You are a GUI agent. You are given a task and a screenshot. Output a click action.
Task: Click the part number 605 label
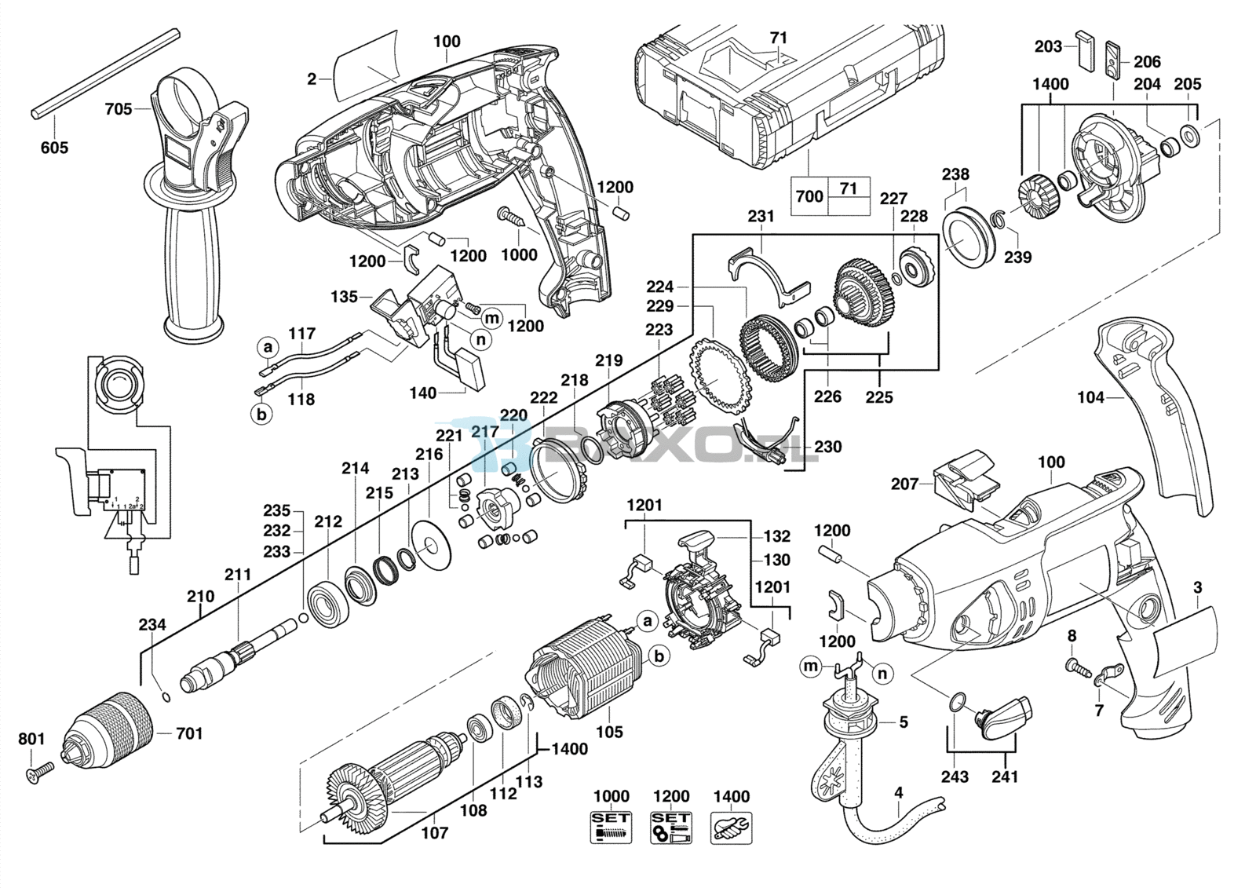pos(54,148)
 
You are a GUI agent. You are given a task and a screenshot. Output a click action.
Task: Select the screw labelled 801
pos(39,771)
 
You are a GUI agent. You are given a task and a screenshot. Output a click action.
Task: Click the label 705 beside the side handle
pos(119,109)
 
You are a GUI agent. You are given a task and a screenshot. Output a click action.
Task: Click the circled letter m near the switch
pos(491,319)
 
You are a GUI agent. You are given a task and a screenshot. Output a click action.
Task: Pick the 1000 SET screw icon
pos(612,825)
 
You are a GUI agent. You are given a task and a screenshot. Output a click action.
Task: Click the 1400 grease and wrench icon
pos(732,825)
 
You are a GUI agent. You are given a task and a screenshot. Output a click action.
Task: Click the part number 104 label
pos(1090,397)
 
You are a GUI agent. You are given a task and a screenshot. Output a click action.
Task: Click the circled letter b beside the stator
pos(659,656)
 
